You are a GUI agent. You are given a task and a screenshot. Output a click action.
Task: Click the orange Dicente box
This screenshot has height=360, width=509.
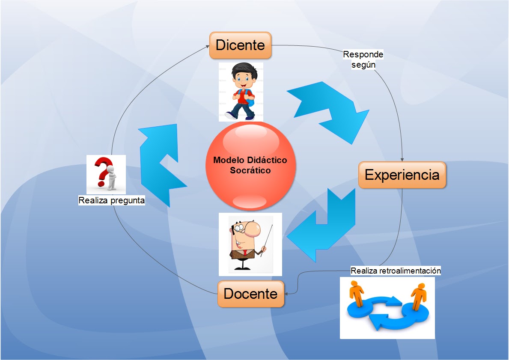pyautogui.click(x=240, y=45)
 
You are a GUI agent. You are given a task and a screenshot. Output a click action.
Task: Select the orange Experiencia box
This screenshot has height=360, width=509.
pyautogui.click(x=402, y=175)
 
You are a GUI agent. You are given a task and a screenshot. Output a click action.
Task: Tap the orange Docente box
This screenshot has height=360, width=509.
pyautogui.click(x=250, y=294)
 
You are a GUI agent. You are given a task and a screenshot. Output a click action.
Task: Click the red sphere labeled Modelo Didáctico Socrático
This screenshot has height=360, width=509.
pyautogui.click(x=250, y=165)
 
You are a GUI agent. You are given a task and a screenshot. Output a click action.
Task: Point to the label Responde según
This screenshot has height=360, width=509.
pyautogui.click(x=363, y=60)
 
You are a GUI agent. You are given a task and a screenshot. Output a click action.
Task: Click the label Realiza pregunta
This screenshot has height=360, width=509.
pyautogui.click(x=111, y=200)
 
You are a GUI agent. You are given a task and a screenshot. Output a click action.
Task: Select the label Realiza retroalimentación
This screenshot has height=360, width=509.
pyautogui.click(x=396, y=271)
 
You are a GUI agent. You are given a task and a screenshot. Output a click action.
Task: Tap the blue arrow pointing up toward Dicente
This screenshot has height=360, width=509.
pyautogui.click(x=162, y=163)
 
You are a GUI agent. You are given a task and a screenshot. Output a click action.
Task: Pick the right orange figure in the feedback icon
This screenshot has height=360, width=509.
pyautogui.click(x=418, y=295)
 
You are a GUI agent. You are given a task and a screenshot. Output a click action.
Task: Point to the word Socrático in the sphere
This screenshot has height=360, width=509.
pyautogui.click(x=250, y=170)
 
